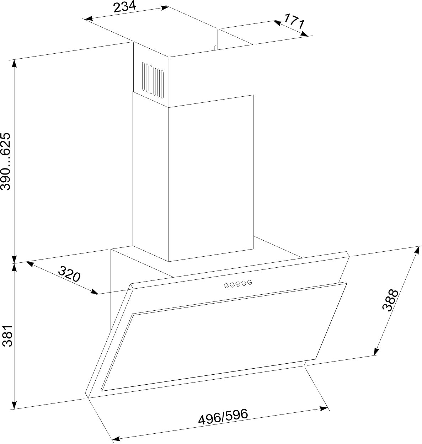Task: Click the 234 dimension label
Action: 125,7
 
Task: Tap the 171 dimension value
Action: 294,21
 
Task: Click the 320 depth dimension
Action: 69,274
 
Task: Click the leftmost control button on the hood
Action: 226,286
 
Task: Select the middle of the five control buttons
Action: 238,284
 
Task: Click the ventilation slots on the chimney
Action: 153,80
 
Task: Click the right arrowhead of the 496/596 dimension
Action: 324,408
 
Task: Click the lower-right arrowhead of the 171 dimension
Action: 304,34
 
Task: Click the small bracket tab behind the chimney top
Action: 216,47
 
